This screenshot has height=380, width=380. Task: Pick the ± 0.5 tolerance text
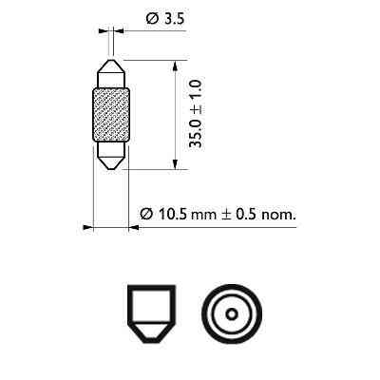click(x=237, y=215)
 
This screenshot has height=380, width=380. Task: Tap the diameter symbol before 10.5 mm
click(x=146, y=215)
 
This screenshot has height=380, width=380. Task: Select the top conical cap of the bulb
click(x=112, y=74)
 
